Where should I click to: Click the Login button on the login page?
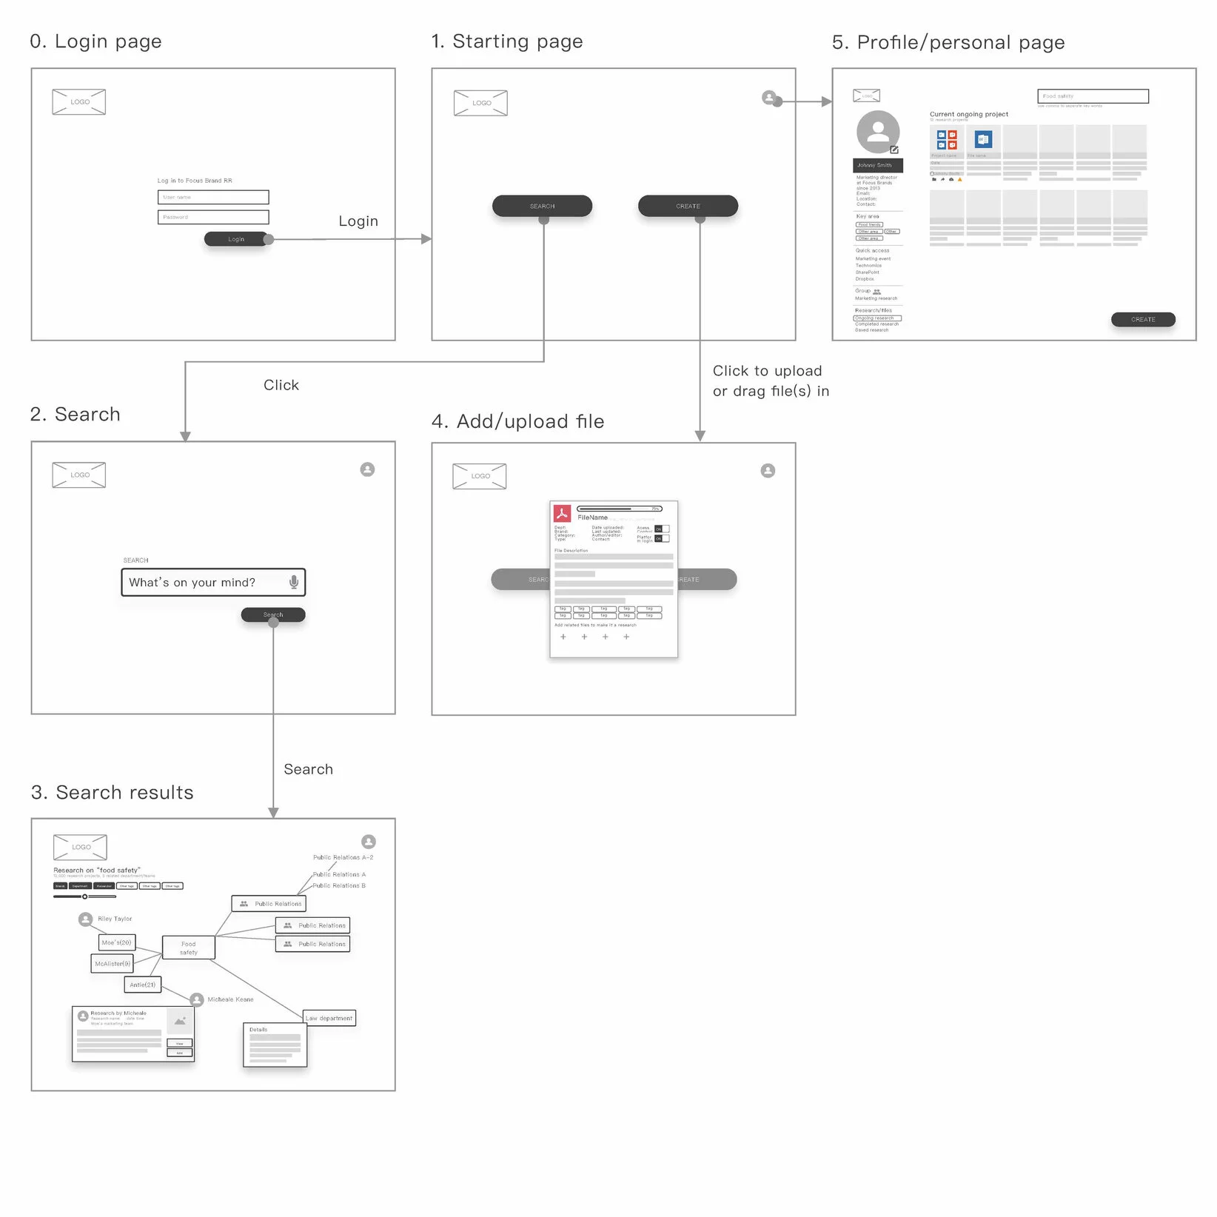(x=235, y=239)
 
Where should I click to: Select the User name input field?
(x=213, y=198)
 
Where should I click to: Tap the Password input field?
(x=213, y=218)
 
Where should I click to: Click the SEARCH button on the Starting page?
(x=542, y=207)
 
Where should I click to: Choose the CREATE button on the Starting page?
(x=688, y=207)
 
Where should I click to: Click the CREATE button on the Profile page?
(x=1142, y=320)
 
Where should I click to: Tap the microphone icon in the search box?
(x=294, y=582)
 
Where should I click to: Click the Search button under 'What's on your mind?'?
(x=272, y=614)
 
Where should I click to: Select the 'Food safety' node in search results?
(x=189, y=948)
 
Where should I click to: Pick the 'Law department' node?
(x=329, y=1018)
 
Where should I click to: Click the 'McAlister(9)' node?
(x=113, y=964)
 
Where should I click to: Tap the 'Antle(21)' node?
(x=143, y=985)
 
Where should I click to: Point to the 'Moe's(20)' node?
(x=117, y=942)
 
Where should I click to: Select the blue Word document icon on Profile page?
(x=983, y=139)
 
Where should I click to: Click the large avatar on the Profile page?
(x=878, y=132)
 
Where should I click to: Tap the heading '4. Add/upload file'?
(x=517, y=421)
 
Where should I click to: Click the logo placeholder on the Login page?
(x=79, y=102)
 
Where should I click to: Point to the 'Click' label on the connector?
(x=281, y=385)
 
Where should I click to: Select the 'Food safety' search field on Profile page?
(x=1093, y=96)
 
